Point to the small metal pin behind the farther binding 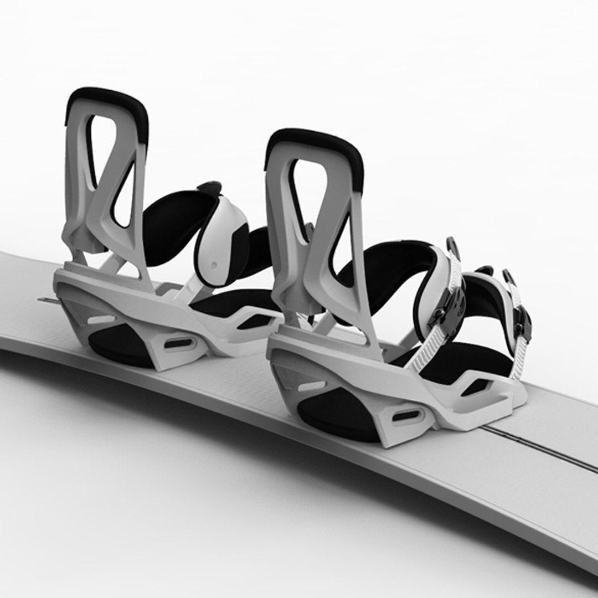pos(48,300)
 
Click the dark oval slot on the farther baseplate pos(179,343)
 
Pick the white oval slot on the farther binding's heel pos(101,319)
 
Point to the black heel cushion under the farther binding pos(119,346)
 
